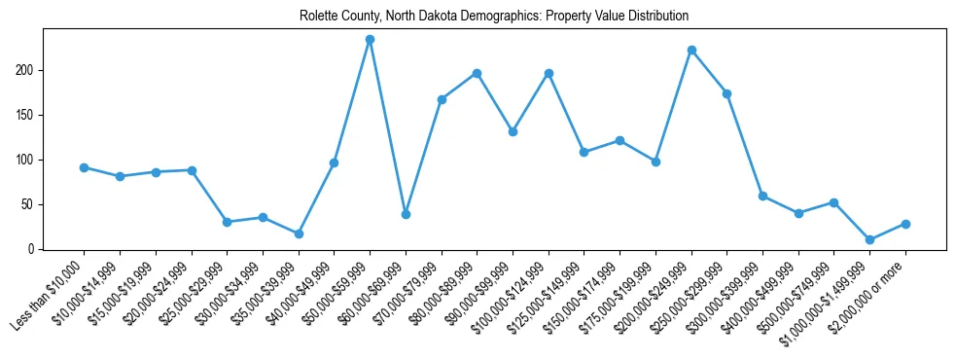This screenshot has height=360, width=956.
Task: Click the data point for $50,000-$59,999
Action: point(370,39)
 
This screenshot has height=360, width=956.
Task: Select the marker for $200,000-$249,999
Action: point(691,50)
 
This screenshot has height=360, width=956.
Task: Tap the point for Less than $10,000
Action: point(84,167)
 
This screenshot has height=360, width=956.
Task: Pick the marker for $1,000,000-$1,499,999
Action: point(869,239)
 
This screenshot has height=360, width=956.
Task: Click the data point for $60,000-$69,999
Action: point(406,214)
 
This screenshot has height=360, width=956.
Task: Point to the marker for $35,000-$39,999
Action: point(299,234)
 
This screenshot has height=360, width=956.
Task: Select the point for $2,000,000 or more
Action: point(905,224)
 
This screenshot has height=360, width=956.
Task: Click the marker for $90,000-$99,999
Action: point(513,131)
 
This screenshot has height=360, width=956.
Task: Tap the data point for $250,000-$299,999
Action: point(726,93)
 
